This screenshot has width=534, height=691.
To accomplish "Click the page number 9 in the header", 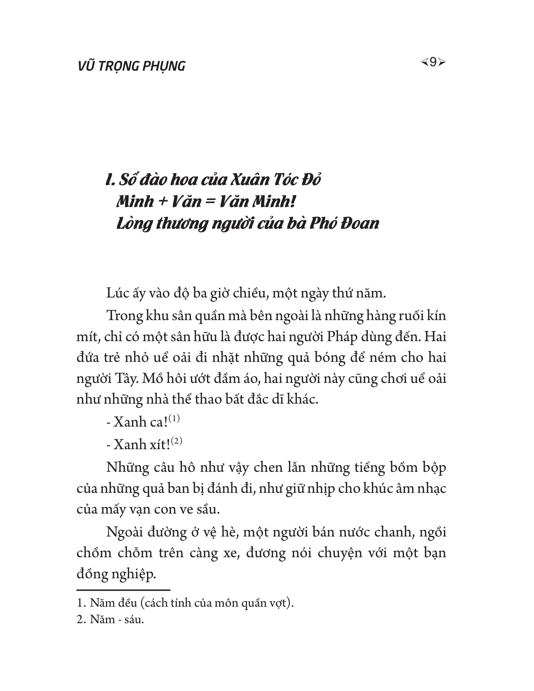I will (x=433, y=62).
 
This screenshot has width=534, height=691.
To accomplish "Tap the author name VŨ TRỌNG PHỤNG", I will (x=131, y=66).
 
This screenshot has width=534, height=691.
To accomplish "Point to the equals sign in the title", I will (x=210, y=202).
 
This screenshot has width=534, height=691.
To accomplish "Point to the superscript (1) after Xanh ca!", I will (x=174, y=419).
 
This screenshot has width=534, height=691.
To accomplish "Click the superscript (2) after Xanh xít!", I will (x=176, y=441).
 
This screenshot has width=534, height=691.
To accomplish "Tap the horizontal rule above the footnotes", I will (x=123, y=590).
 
